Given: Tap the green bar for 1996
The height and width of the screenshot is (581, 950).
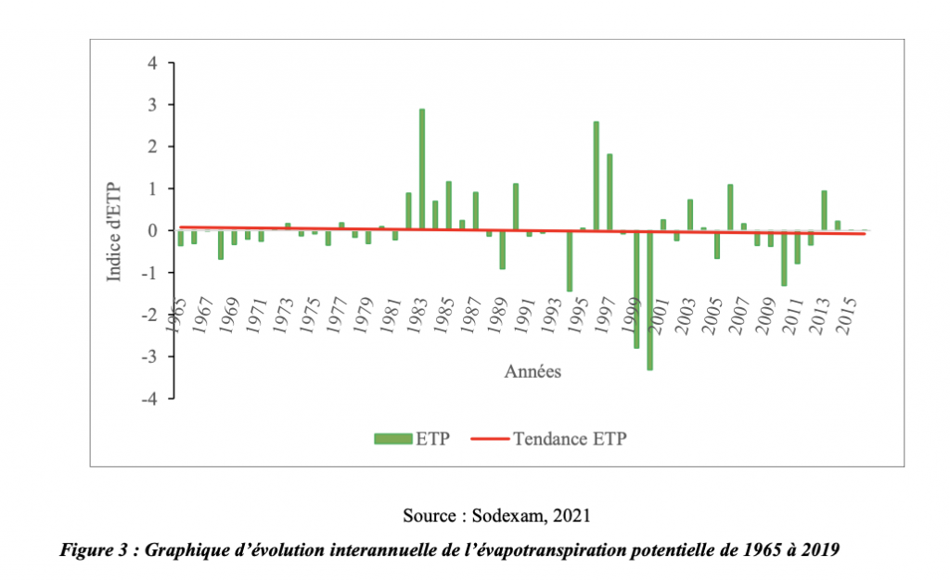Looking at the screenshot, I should [x=596, y=175].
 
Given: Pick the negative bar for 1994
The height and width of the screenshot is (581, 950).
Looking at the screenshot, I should [x=569, y=261].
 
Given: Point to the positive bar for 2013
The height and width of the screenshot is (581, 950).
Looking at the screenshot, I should [x=824, y=210].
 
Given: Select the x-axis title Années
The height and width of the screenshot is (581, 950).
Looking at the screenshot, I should [x=533, y=372].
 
